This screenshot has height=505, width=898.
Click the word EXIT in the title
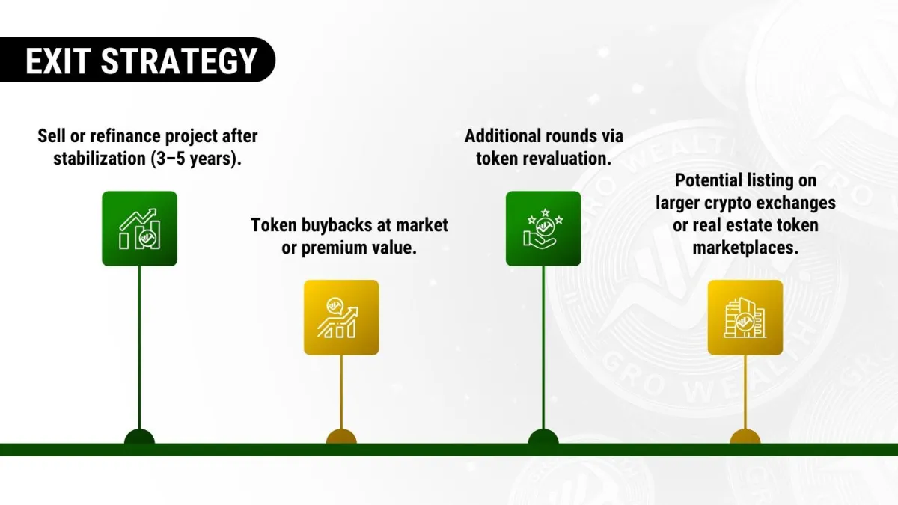(58, 61)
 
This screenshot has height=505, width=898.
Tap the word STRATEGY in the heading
(179, 61)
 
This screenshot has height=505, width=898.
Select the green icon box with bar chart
(139, 228)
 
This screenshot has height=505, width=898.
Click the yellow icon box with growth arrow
(341, 317)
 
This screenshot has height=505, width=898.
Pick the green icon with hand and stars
(543, 228)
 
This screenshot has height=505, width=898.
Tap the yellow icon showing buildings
(745, 317)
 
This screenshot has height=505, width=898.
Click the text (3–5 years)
(196, 159)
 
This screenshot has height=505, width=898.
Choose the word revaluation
(569, 159)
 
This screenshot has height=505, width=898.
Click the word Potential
(709, 180)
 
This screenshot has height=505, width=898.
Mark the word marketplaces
(745, 248)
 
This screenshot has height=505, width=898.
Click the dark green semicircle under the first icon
(139, 437)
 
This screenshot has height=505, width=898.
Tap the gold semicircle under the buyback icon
(341, 437)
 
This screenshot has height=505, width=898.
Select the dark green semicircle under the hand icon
(543, 437)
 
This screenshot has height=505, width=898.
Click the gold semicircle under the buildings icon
(745, 437)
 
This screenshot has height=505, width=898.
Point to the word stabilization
(100, 159)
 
